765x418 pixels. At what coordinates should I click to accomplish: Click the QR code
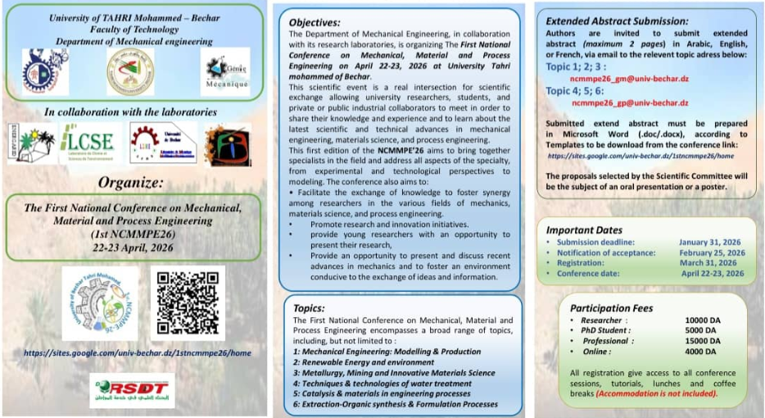[x=188, y=303]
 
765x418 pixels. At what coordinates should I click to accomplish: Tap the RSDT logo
[x=132, y=389]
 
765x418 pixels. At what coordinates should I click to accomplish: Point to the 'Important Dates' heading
[x=584, y=230]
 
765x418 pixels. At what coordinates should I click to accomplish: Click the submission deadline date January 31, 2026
[x=711, y=243]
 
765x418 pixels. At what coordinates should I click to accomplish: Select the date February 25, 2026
[x=711, y=253]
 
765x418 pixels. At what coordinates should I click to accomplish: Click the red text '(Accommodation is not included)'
[x=656, y=393]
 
